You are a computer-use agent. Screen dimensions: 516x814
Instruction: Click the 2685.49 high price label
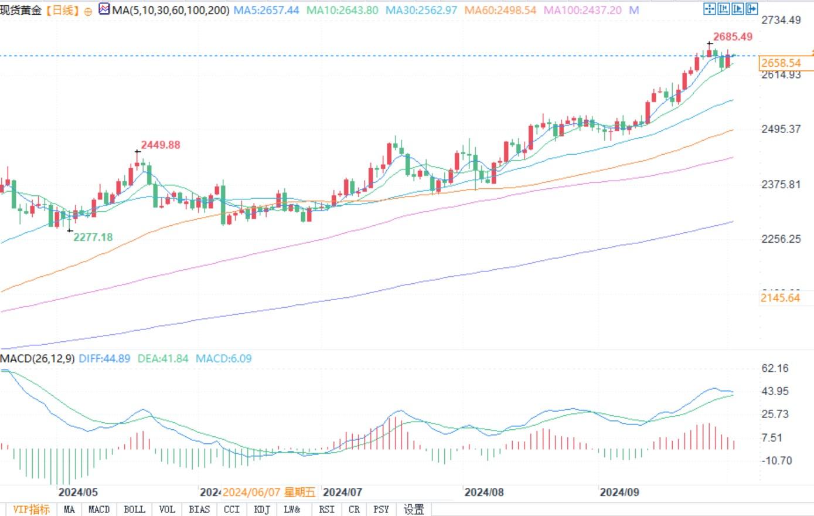[733, 37]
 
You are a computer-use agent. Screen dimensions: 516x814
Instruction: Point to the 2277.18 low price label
[93, 237]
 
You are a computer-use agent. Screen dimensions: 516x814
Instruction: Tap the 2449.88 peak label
[161, 145]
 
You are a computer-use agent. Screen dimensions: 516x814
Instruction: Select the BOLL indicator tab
[134, 509]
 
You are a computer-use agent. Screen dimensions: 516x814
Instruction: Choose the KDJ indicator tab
[262, 509]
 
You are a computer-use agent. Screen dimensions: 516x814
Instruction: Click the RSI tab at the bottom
[326, 509]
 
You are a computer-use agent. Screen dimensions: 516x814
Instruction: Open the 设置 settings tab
[414, 509]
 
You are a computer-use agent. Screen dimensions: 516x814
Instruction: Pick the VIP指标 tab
[31, 509]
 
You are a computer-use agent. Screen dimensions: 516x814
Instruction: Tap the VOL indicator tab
[167, 509]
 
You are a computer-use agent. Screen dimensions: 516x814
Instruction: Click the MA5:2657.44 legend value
[266, 10]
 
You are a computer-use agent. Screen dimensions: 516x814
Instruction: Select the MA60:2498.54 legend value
[500, 10]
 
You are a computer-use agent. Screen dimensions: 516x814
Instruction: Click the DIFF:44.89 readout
[104, 358]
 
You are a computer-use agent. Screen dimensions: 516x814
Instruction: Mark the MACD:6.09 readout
[223, 358]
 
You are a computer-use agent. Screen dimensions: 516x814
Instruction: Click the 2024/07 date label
[343, 492]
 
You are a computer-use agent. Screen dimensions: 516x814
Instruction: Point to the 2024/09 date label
[619, 492]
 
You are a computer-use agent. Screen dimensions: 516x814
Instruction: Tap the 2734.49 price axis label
[781, 20]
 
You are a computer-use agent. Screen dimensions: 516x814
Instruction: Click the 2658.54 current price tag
[781, 63]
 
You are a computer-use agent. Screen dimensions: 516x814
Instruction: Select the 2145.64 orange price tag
[780, 298]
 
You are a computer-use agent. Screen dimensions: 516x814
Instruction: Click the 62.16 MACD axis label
[775, 368]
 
